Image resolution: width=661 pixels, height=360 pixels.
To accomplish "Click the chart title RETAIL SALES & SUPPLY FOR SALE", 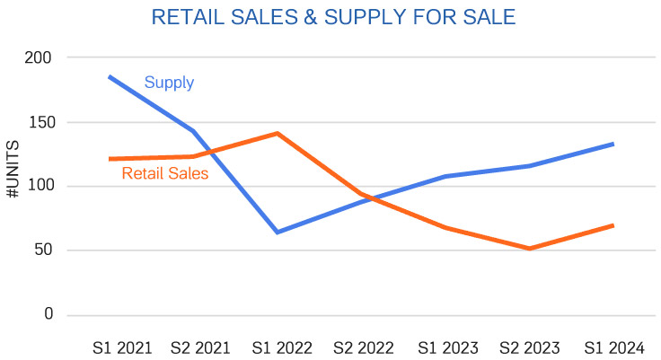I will [x=333, y=17].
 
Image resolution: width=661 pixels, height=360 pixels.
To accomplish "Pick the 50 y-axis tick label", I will [x=43, y=250].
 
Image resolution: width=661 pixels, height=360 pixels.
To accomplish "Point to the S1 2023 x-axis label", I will [x=445, y=347].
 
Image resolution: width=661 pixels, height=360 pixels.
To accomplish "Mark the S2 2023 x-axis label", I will [x=530, y=347].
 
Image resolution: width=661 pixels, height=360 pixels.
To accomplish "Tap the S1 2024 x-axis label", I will [x=613, y=347].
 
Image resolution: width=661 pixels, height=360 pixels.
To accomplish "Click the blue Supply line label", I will [x=169, y=83].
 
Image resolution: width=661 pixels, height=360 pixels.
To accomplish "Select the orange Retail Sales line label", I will [x=164, y=173].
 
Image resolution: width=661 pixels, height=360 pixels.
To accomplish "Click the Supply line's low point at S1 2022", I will [x=278, y=233].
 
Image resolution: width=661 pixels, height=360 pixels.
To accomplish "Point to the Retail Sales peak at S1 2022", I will [x=278, y=134].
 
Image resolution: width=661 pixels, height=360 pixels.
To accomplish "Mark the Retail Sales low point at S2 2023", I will [x=530, y=249].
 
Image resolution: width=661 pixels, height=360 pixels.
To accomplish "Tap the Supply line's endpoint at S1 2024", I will [x=613, y=144].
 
